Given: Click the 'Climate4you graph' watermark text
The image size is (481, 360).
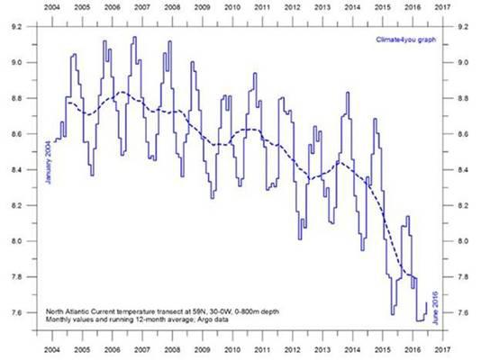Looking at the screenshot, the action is click(x=406, y=40).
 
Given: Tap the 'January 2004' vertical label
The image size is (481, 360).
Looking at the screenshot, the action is click(x=48, y=162).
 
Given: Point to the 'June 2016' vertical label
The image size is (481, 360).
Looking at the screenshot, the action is click(x=435, y=308).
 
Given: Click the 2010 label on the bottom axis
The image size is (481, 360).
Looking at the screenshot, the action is click(x=232, y=349).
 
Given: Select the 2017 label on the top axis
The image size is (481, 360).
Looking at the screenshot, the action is click(x=442, y=7).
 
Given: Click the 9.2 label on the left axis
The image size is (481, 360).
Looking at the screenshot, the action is click(x=16, y=27).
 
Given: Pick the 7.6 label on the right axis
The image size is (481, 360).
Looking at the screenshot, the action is click(x=463, y=312).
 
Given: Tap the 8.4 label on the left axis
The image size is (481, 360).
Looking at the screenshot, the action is click(x=16, y=170).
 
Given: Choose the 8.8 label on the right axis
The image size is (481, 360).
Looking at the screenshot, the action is click(x=463, y=98).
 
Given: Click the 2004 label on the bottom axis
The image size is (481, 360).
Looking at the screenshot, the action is click(x=52, y=349).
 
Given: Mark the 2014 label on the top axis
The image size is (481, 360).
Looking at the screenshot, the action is click(x=352, y=7).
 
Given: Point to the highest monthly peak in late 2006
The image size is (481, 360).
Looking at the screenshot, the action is click(x=134, y=37).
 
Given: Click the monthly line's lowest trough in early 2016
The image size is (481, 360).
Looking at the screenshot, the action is click(x=420, y=320).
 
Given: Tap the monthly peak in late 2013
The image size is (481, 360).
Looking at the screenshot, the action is click(x=348, y=92).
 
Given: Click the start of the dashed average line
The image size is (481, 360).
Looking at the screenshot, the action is click(x=68, y=103).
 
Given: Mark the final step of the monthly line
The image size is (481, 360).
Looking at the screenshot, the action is click(x=426, y=308).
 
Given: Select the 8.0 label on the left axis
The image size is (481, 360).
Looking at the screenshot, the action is click(x=16, y=241).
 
